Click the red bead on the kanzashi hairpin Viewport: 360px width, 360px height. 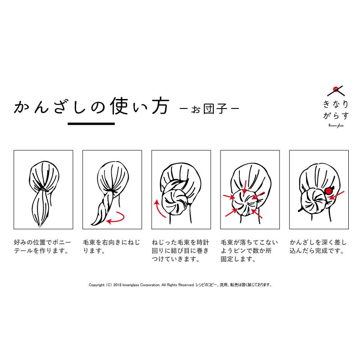328,191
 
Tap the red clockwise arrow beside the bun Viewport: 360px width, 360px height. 157,209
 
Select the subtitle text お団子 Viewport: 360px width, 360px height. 208,109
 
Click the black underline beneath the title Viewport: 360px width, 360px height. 91,123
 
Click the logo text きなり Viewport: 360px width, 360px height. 335,104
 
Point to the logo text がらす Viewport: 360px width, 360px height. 335,117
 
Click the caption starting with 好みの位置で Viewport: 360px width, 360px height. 43,247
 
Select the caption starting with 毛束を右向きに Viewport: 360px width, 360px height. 112,247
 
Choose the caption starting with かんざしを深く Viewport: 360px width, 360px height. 318,247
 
